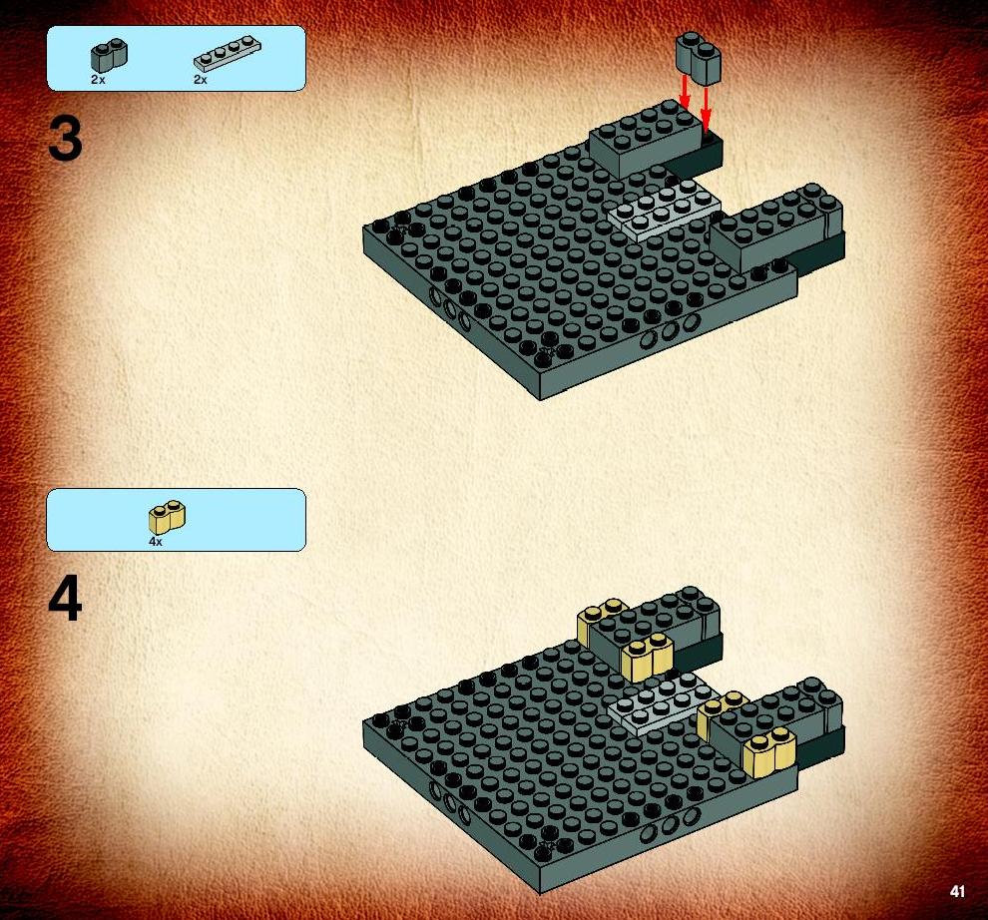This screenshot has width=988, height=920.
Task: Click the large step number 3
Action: tap(65, 140)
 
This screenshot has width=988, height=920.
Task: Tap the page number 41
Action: tap(958, 891)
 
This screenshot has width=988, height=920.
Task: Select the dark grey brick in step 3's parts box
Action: tap(109, 56)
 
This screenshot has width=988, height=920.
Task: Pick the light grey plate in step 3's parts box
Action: tap(227, 53)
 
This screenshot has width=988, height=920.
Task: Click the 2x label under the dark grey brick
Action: tap(98, 80)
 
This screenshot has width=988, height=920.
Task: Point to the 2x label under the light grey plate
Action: tap(201, 80)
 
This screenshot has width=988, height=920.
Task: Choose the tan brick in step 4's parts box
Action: tap(167, 517)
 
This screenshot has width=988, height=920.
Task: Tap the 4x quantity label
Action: tap(156, 542)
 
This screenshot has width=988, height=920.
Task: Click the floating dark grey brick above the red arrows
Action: tap(699, 59)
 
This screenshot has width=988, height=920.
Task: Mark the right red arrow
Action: tap(706, 108)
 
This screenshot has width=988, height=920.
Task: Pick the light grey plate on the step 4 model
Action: tap(664, 704)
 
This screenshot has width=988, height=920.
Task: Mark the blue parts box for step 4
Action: tap(177, 520)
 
